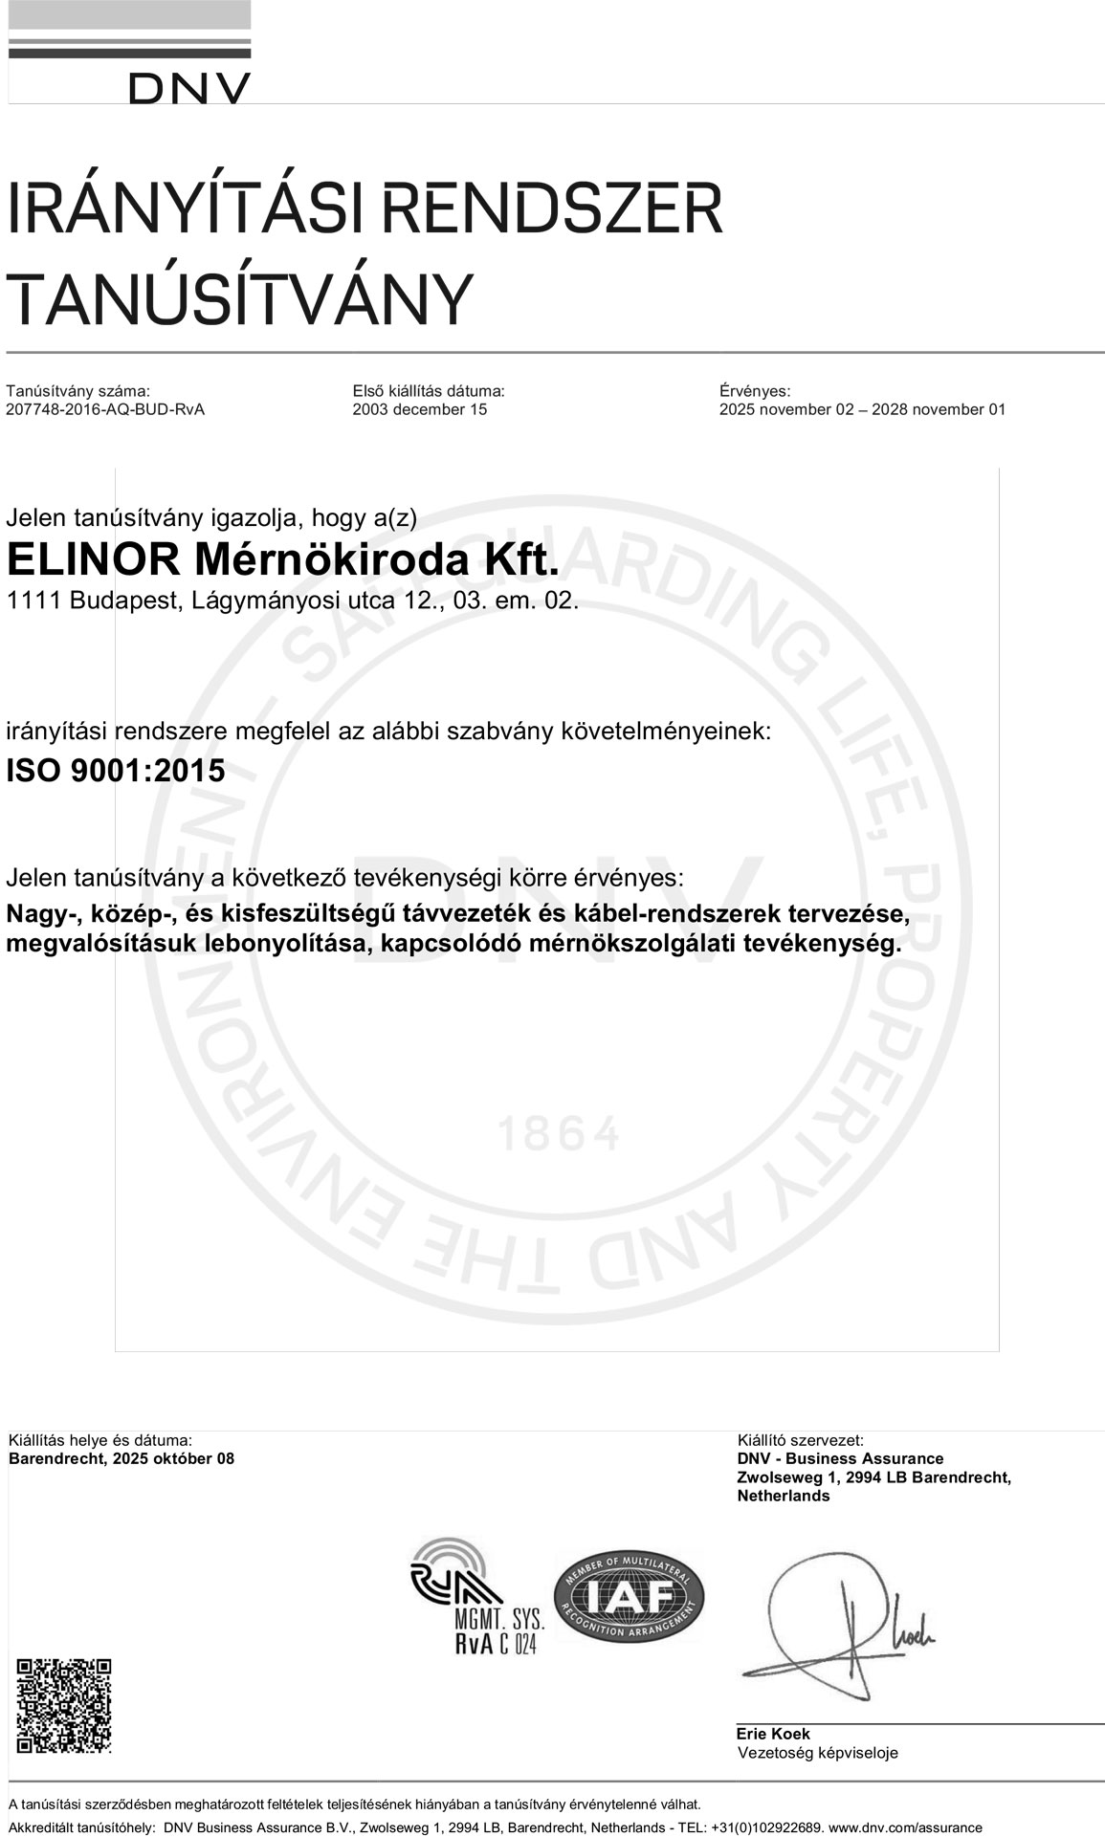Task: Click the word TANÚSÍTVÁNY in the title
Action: click(x=240, y=298)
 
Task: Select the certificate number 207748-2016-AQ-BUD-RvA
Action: click(x=105, y=410)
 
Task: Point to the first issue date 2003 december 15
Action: click(x=419, y=410)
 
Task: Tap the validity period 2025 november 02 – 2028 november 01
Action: click(x=862, y=410)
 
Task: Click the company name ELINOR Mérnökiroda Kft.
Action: click(x=282, y=560)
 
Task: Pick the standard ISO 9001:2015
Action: click(x=116, y=771)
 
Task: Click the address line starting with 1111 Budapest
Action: click(x=292, y=602)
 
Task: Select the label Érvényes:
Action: click(x=754, y=391)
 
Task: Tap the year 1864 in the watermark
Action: click(x=559, y=1135)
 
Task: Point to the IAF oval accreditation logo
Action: click(x=629, y=1597)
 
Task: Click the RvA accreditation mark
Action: click(x=475, y=1599)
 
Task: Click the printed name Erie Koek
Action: click(x=773, y=1734)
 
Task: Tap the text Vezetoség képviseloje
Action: click(x=817, y=1753)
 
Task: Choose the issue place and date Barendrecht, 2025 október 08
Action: click(x=121, y=1459)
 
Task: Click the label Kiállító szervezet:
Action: click(x=800, y=1440)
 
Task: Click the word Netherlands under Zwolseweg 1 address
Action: click(x=783, y=1497)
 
